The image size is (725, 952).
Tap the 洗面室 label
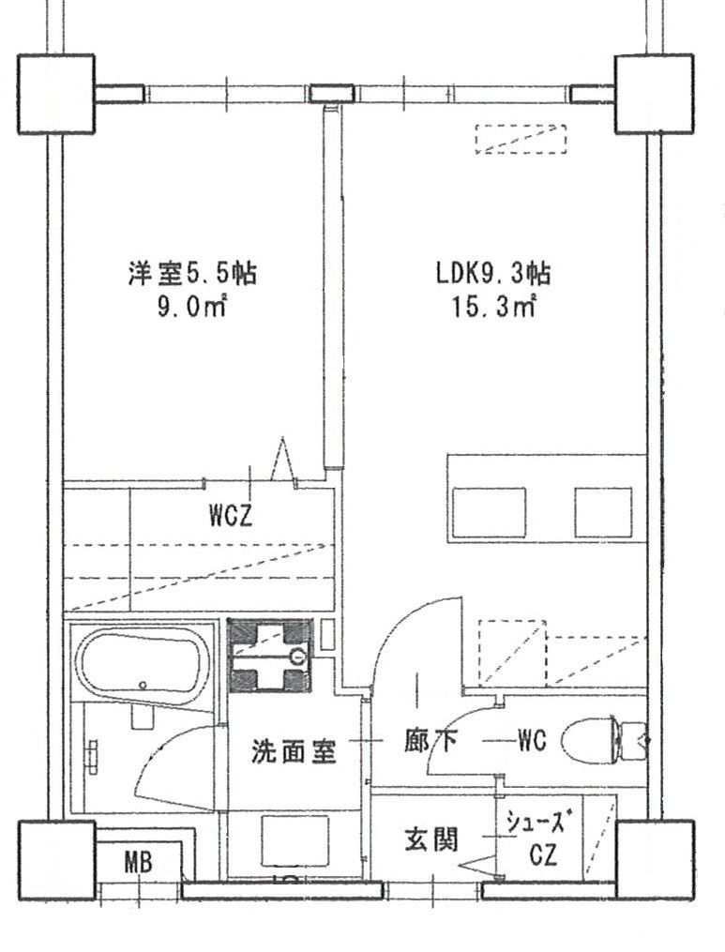pyautogui.click(x=294, y=751)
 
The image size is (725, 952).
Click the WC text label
pyautogui.click(x=533, y=740)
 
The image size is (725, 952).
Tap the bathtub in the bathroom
pyautogui.click(x=141, y=667)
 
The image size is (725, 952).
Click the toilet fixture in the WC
pyautogui.click(x=600, y=741)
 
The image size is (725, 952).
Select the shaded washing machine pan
pyautogui.click(x=270, y=655)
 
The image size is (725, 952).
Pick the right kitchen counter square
pyautogui.click(x=603, y=512)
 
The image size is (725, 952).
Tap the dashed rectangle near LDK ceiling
pyautogui.click(x=521, y=139)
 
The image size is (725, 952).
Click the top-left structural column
pyautogui.click(x=56, y=93)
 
